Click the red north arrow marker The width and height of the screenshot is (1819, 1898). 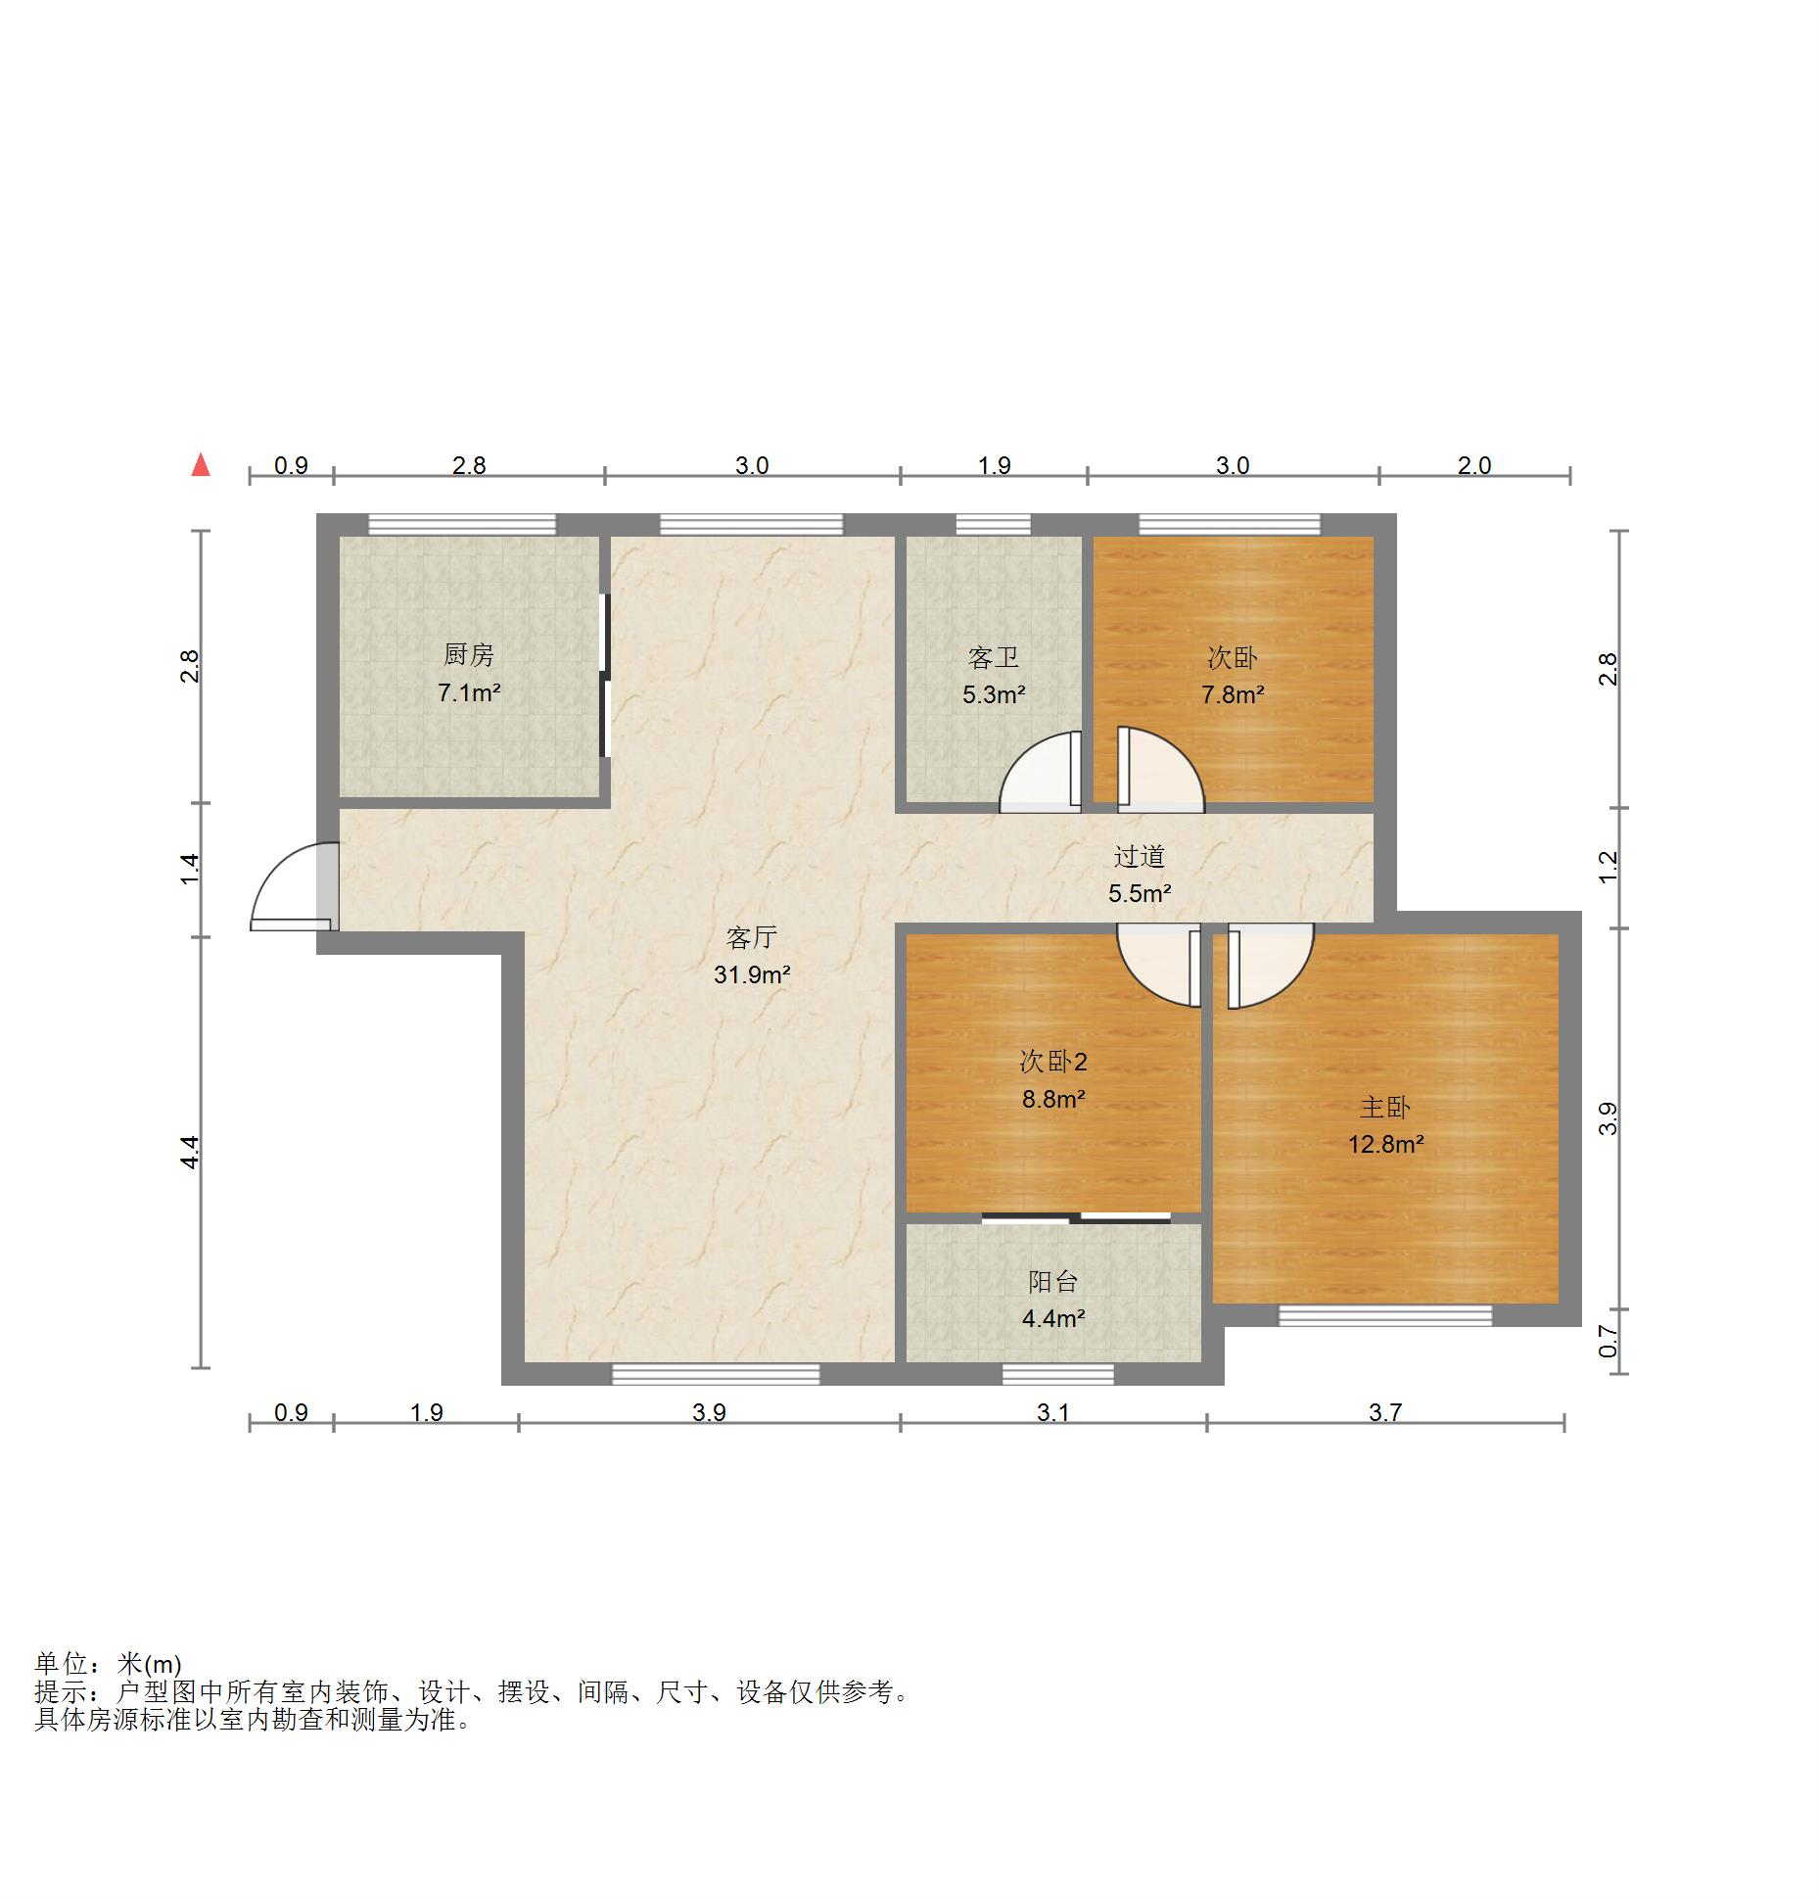click(201, 464)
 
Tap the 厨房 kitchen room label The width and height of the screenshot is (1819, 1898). click(469, 654)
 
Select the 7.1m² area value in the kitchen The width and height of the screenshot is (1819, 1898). click(469, 693)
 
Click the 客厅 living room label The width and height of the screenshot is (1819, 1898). click(752, 937)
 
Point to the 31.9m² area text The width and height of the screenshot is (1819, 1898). click(752, 974)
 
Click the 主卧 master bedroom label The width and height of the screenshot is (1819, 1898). click(1385, 1107)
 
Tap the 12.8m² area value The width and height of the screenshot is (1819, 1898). click(1385, 1144)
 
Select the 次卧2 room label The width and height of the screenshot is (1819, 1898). click(1053, 1062)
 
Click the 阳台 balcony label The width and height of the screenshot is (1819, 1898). click(1053, 1281)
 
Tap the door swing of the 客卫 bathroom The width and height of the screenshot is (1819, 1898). click(1040, 772)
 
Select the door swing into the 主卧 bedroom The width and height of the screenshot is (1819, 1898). click(1270, 967)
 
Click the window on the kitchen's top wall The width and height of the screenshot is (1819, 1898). click(462, 524)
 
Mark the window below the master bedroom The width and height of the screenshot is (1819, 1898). click(1385, 1315)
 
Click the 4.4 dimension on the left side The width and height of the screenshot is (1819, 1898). click(190, 1152)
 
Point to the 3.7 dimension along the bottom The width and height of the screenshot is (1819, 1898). click(1385, 1412)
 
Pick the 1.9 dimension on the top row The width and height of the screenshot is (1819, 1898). click(994, 465)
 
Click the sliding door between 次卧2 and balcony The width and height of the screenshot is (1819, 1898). click(1076, 1218)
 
